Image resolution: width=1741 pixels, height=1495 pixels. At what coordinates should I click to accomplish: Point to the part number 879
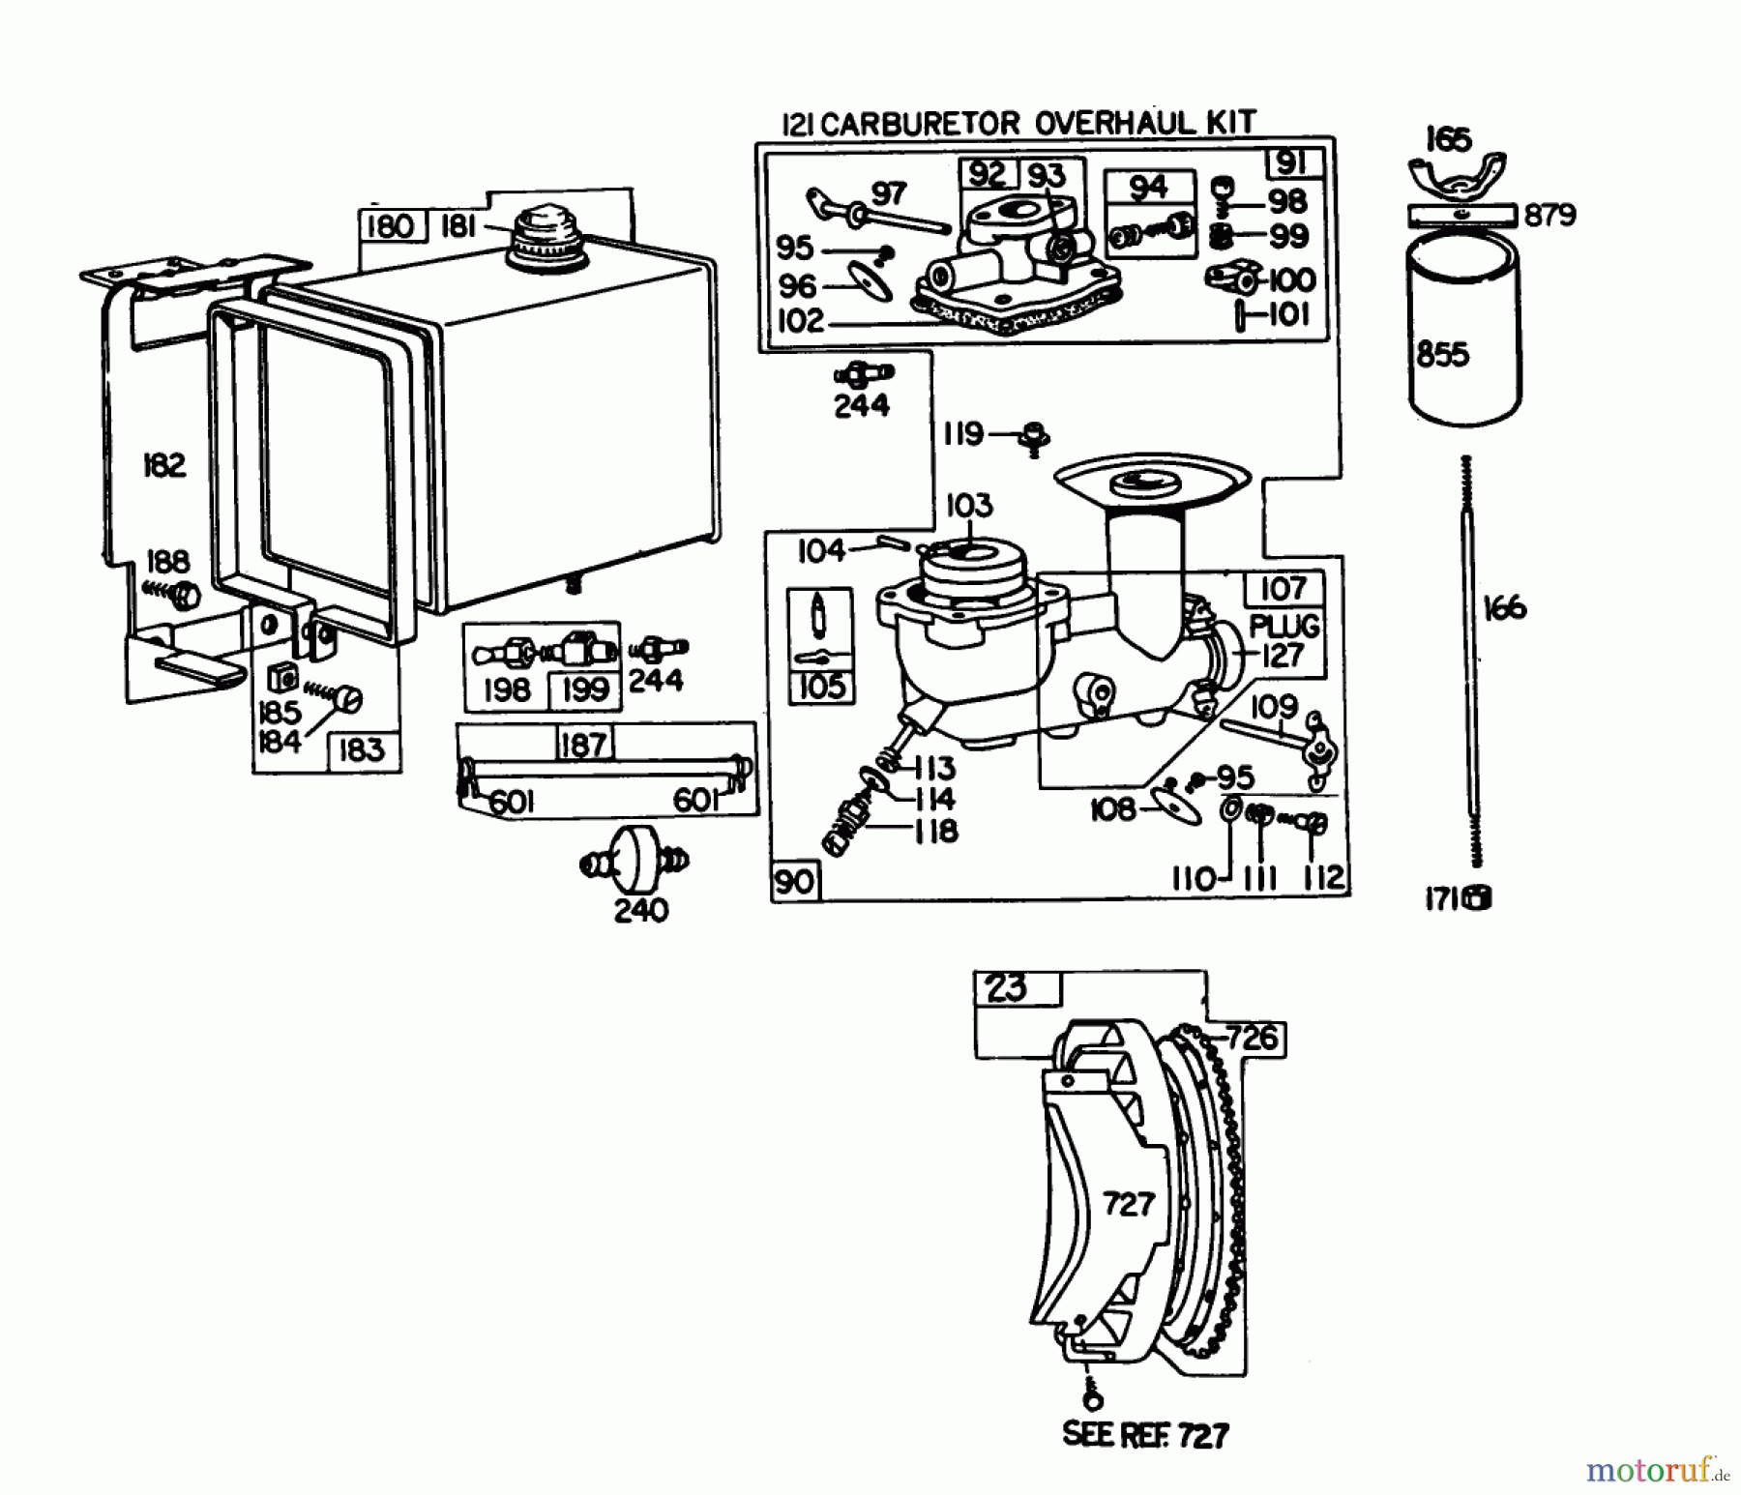point(1549,215)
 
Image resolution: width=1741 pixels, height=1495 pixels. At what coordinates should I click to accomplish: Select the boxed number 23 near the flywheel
point(1006,988)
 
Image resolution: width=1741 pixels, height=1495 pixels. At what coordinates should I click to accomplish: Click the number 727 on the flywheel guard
point(1129,1204)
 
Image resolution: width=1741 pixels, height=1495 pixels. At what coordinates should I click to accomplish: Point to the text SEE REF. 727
point(1146,1433)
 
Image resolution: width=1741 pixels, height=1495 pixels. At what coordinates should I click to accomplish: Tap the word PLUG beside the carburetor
point(1284,626)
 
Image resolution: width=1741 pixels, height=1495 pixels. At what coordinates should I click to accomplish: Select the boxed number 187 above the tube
point(583,744)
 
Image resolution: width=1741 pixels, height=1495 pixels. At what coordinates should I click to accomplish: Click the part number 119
point(963,434)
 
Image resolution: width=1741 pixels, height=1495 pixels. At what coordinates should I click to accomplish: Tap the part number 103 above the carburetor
point(968,505)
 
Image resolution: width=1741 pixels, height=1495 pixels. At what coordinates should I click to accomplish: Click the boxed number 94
point(1148,188)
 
